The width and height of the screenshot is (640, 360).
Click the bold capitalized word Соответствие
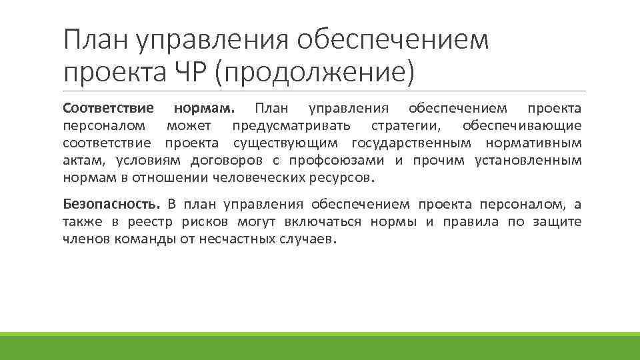point(108,108)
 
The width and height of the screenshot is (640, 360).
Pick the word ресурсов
point(343,178)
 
